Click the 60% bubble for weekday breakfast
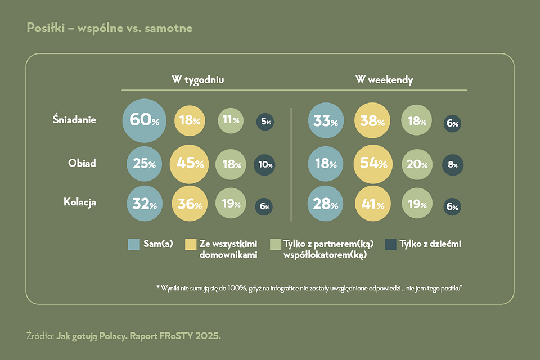[145, 120]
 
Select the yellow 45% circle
[190, 164]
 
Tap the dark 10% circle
[265, 165]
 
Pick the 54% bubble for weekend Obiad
[373, 164]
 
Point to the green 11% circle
[231, 120]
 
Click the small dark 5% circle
[265, 121]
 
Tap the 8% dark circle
[452, 165]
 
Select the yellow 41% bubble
[373, 204]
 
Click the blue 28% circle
[325, 204]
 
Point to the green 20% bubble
[417, 165]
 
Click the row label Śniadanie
[74, 119]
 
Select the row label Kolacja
[79, 202]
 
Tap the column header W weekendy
[384, 80]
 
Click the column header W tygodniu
[198, 80]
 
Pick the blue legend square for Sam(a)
[133, 244]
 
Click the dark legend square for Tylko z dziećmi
[390, 244]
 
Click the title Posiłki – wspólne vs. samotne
[109, 28]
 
